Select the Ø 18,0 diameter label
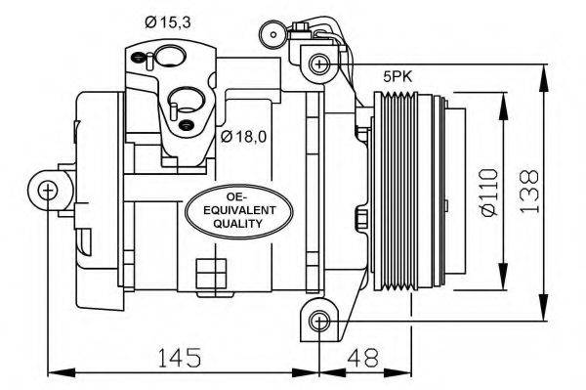tap(242, 136)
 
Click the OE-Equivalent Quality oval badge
tap(238, 206)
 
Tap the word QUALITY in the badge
tap(238, 224)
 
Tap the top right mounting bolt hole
tap(318, 64)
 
